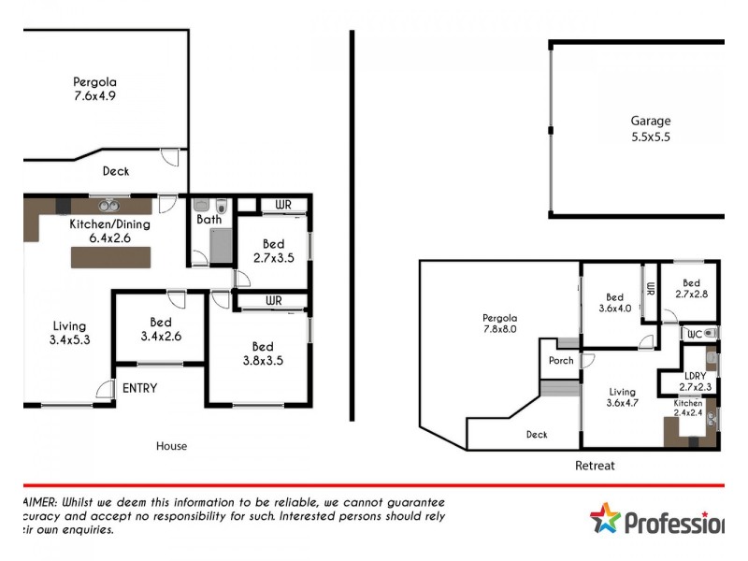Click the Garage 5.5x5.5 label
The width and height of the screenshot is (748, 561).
(x=650, y=128)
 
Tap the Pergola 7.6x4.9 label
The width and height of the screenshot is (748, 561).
(x=95, y=89)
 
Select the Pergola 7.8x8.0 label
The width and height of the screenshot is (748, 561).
(x=499, y=324)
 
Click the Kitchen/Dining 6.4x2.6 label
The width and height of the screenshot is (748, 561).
(x=109, y=231)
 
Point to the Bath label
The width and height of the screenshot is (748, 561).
(x=208, y=221)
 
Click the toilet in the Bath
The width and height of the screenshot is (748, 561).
(x=221, y=206)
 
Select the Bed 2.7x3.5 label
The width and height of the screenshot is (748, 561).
(x=274, y=252)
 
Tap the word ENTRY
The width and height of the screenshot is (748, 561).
(x=138, y=388)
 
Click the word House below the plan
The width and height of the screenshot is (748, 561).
(x=171, y=446)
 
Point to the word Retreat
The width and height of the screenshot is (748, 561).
(x=595, y=465)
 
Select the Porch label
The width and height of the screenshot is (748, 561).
(x=561, y=361)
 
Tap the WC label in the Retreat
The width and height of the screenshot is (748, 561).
(x=694, y=333)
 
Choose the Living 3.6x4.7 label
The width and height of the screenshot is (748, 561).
(x=622, y=397)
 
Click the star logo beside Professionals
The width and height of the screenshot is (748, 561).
(x=605, y=518)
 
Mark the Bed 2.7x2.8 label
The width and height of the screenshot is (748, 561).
(x=691, y=289)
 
